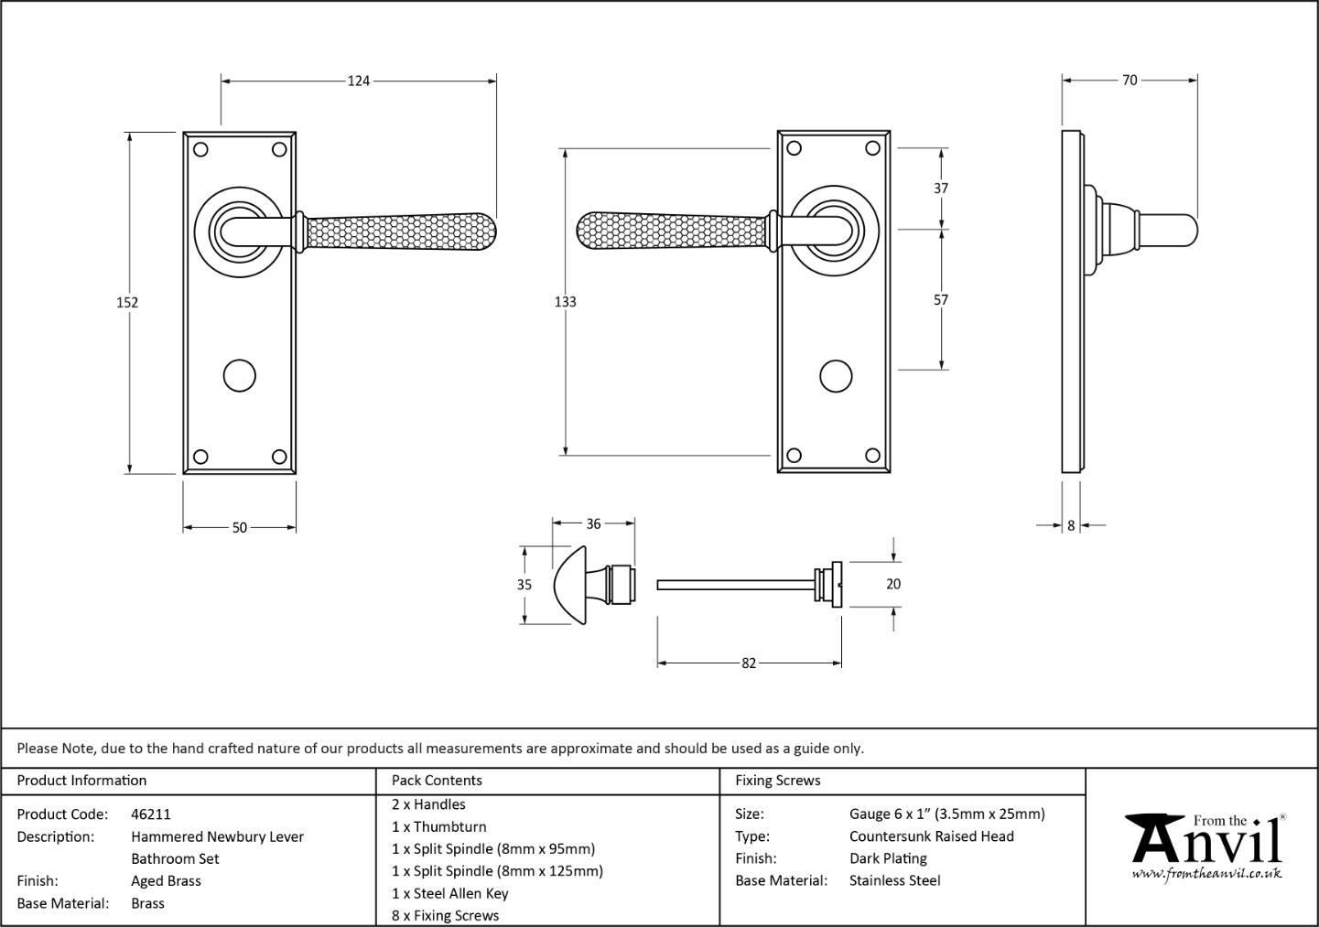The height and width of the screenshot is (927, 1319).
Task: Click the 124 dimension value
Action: [x=358, y=81]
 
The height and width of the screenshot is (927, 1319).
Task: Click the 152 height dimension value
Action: [x=127, y=303]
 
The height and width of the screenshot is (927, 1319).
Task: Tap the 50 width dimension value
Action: [x=240, y=528]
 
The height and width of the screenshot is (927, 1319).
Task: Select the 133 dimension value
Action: [x=566, y=302]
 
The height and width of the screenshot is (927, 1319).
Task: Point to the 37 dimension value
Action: [x=941, y=189]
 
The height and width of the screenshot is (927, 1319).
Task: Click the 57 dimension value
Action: [x=941, y=300]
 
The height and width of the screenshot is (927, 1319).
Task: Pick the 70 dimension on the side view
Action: [x=1130, y=80]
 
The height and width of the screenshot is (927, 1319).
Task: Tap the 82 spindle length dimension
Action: [x=749, y=663]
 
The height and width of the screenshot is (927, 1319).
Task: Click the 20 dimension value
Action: [x=893, y=584]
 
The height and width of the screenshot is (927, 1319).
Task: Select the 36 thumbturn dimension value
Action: [x=593, y=523]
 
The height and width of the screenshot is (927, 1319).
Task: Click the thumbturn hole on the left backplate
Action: [x=240, y=375]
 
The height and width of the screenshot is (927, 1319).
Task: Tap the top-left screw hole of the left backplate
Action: [x=200, y=149]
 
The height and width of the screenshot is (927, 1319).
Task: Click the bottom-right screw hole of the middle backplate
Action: [x=872, y=455]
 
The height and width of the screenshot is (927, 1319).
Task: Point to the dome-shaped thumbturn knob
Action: [x=571, y=585]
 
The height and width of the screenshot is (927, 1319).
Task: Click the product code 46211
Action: [x=151, y=814]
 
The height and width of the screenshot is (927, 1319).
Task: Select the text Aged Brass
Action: [x=166, y=881]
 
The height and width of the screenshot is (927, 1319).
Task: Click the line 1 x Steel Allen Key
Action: [x=449, y=893]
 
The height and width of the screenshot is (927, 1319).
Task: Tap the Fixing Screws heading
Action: [x=777, y=781]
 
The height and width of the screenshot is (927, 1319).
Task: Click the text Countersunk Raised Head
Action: [x=932, y=836]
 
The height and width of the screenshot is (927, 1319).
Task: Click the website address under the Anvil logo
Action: [x=1206, y=873]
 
